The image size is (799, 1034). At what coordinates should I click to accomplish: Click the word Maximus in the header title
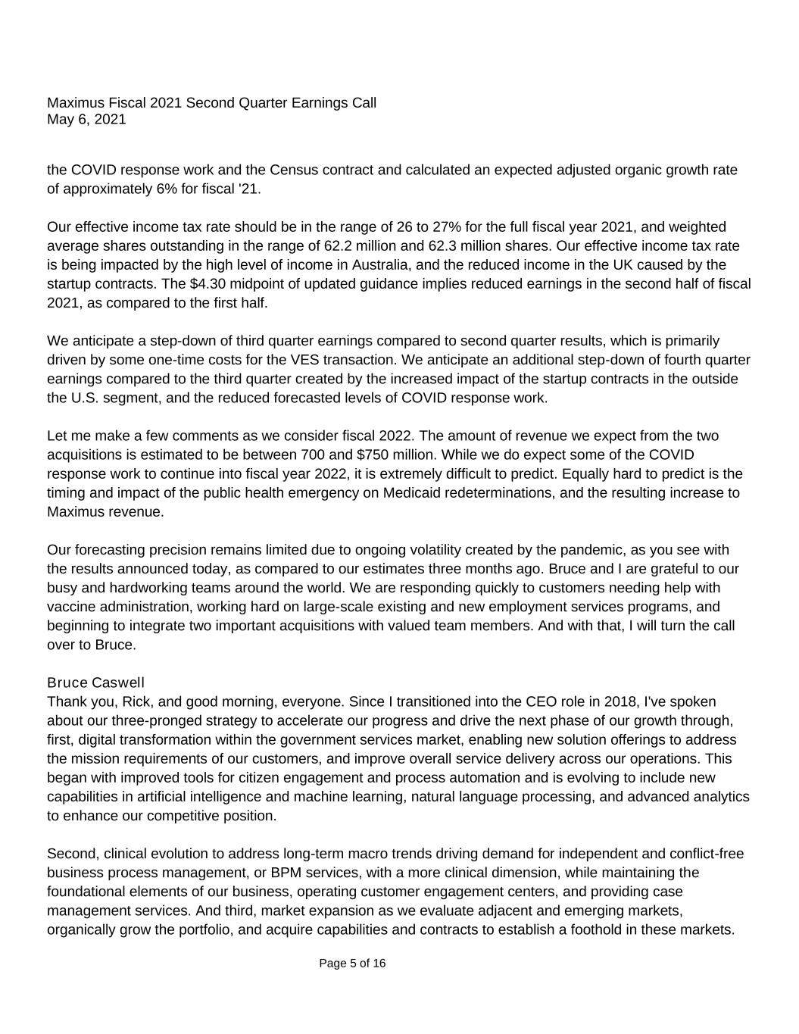point(74,103)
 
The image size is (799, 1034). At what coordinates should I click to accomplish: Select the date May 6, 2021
point(86,120)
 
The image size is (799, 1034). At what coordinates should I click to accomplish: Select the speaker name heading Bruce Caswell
point(95,683)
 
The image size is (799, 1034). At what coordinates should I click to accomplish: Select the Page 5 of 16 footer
point(352,964)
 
